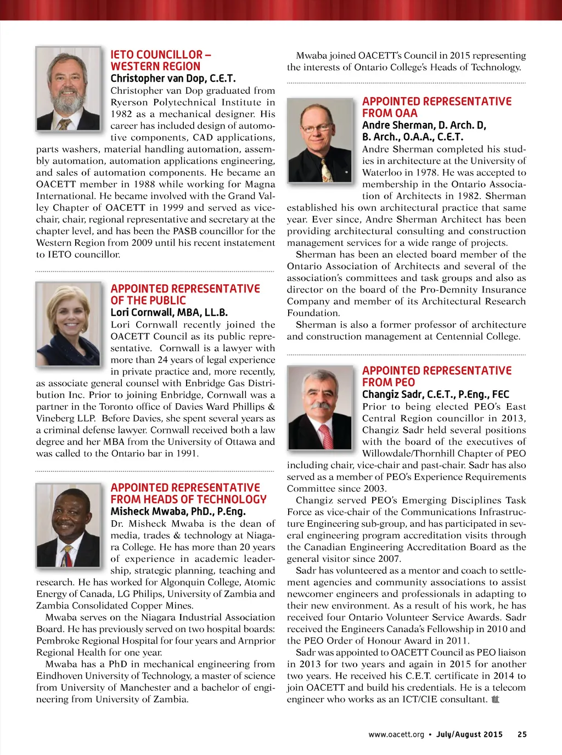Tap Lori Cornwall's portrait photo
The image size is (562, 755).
tap(69, 323)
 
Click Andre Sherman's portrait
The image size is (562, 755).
tap(319, 140)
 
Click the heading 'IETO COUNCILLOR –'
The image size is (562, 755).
tap(161, 55)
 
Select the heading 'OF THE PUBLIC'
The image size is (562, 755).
tap(148, 301)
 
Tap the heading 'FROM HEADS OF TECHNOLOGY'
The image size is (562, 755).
tap(188, 499)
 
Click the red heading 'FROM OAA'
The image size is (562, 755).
tap(390, 113)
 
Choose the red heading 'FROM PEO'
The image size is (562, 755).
tap(389, 382)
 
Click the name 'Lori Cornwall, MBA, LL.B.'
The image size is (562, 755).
tap(169, 313)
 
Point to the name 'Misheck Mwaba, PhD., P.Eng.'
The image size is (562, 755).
tap(178, 511)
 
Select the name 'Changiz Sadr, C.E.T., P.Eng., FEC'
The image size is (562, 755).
tap(436, 395)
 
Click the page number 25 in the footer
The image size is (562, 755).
tap(522, 734)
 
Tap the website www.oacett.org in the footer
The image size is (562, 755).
tap(396, 734)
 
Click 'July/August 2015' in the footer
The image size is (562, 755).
tap(469, 734)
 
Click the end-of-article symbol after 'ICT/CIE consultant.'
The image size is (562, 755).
tap(496, 700)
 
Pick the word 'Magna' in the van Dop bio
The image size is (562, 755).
tap(260, 184)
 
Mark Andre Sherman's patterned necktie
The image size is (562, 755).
tap(326, 168)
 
